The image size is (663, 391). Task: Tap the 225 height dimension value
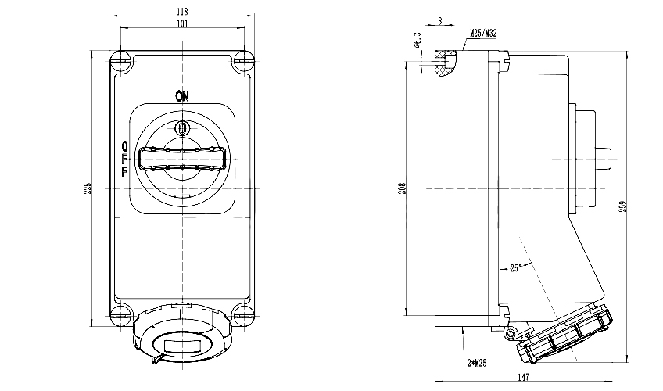88,188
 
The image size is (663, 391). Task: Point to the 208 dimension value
403,188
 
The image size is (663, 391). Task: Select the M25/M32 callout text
485,34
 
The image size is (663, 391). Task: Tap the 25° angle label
514,267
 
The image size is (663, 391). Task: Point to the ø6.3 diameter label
418,40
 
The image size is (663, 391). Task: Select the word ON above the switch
181,96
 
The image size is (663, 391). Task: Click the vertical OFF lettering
125,159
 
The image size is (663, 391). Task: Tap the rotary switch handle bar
181,159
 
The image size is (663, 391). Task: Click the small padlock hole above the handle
181,127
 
